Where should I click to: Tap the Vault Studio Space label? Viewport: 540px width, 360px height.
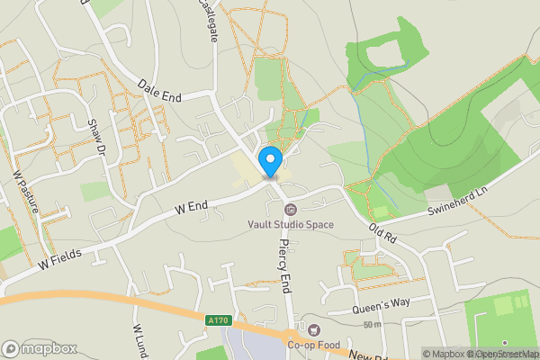[291, 224]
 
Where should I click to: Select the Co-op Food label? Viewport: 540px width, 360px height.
[313, 342]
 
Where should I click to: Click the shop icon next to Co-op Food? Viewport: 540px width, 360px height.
[313, 328]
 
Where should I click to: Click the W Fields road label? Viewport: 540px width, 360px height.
[60, 257]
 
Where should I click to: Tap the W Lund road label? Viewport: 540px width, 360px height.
[139, 339]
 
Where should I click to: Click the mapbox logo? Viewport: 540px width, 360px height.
[40, 348]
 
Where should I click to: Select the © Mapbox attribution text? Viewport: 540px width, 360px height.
[443, 353]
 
